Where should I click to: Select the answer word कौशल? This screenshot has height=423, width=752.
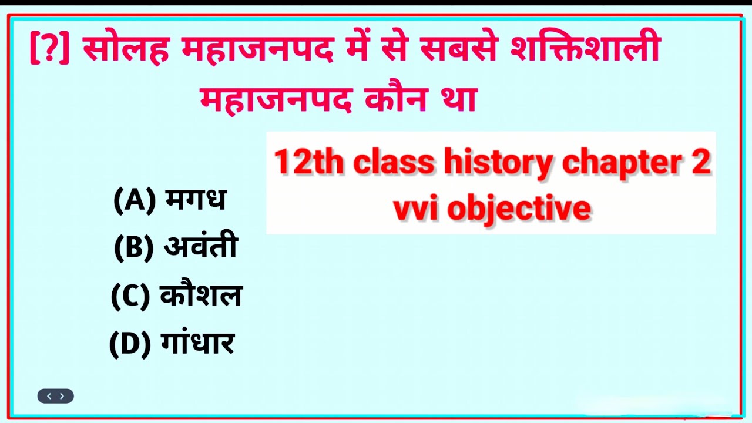coord(201,296)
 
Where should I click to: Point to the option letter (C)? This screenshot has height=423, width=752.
coord(131,296)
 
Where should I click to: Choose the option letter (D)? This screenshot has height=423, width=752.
coord(130,344)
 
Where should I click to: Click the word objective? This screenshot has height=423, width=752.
coord(519,209)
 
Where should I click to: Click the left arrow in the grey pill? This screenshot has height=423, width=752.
coord(49,397)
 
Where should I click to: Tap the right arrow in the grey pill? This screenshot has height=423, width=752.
coord(62,397)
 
